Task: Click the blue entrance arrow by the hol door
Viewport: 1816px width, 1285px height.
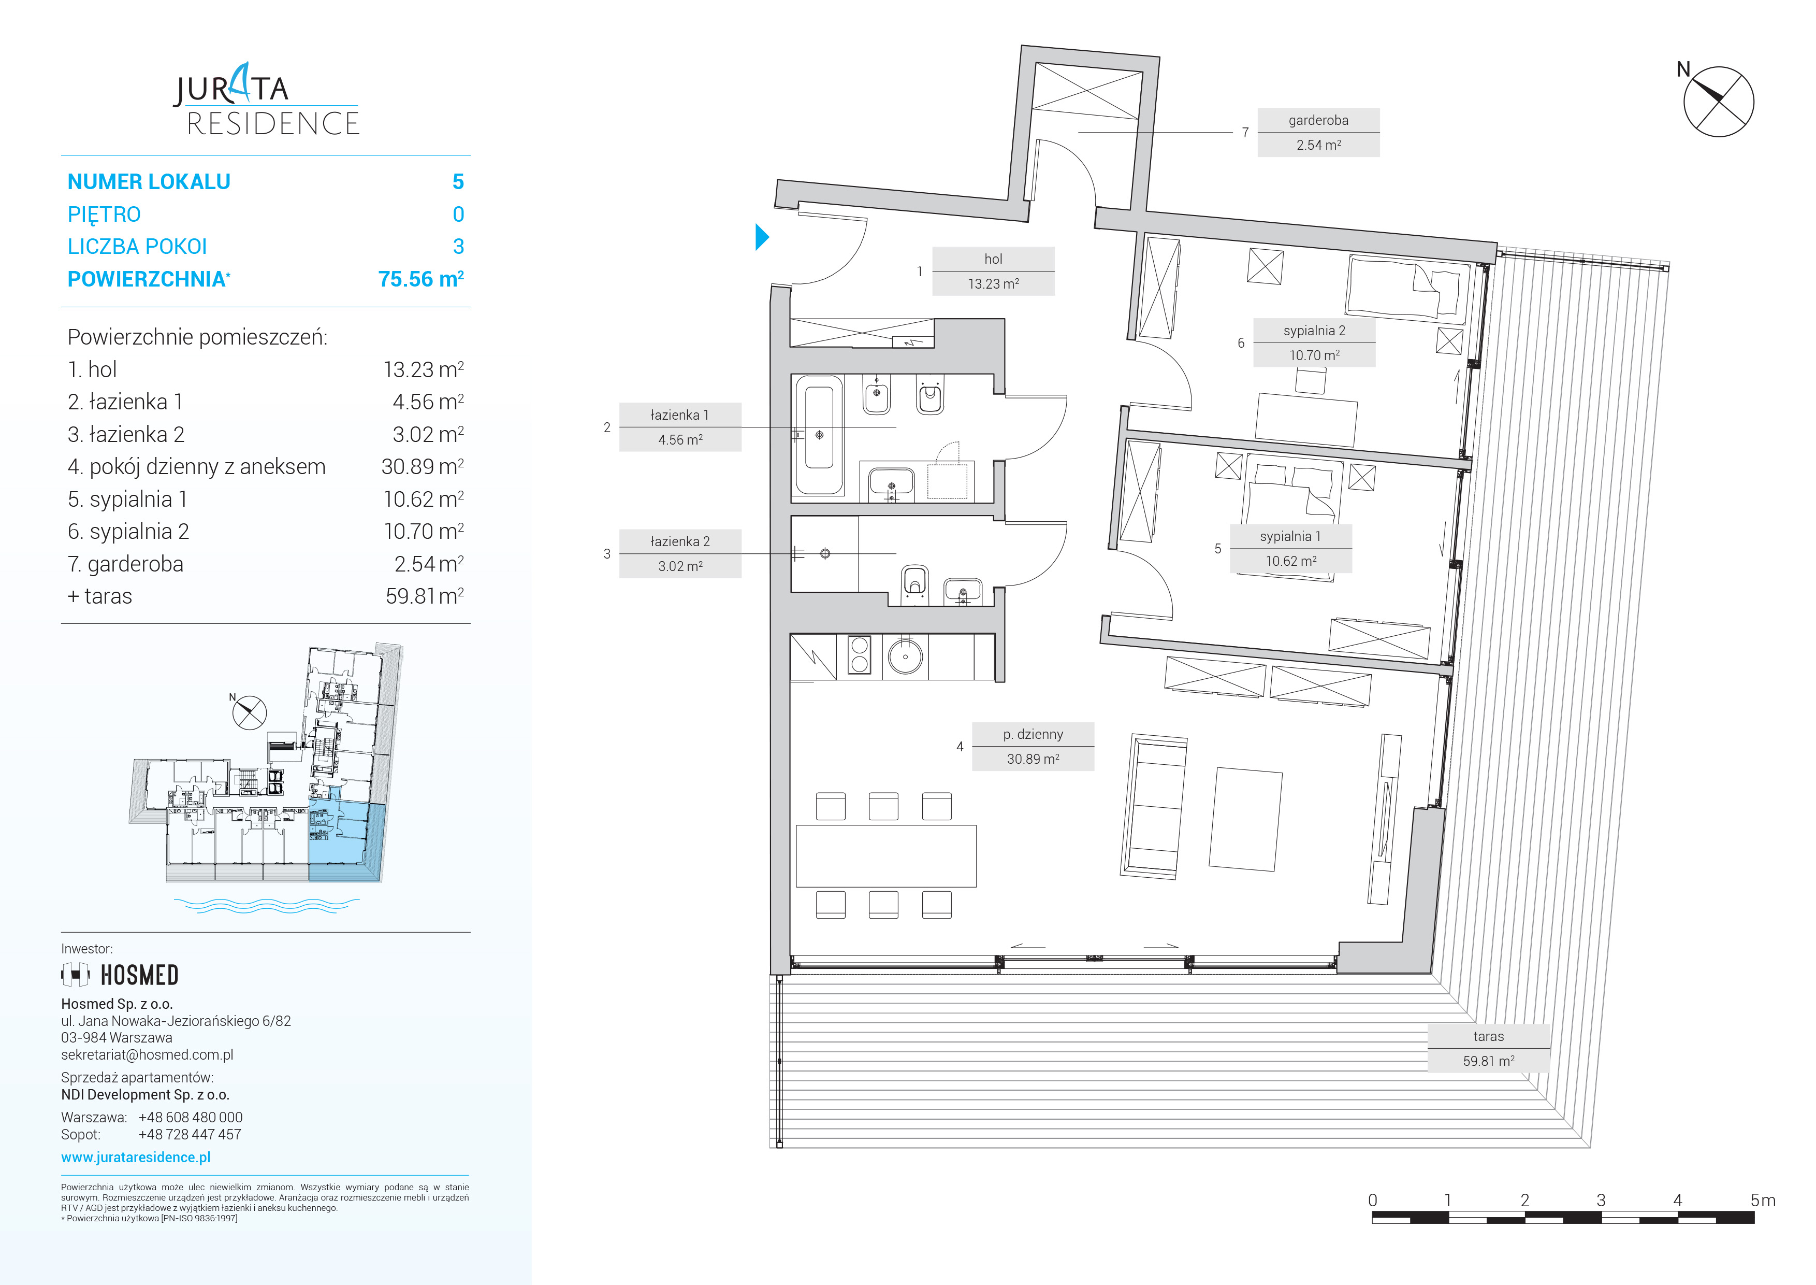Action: pyautogui.click(x=762, y=237)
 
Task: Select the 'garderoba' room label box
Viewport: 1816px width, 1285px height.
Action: pyautogui.click(x=1318, y=132)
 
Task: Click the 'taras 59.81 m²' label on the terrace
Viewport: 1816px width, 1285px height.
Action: pyautogui.click(x=1488, y=1048)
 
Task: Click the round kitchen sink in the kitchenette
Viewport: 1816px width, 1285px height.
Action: pyautogui.click(x=905, y=656)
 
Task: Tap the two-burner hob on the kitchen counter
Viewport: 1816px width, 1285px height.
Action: pyautogui.click(x=859, y=655)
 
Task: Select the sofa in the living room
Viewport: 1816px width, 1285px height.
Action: pyautogui.click(x=1154, y=806)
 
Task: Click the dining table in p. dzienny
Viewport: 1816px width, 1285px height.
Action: pyautogui.click(x=886, y=856)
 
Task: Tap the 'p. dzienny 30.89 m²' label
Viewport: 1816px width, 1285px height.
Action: pyautogui.click(x=1033, y=746)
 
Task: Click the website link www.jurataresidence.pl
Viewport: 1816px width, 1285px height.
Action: pyautogui.click(x=136, y=1157)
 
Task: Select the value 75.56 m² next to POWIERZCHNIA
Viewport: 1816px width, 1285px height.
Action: pyautogui.click(x=421, y=279)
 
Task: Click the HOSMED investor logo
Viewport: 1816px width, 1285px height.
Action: pyautogui.click(x=120, y=975)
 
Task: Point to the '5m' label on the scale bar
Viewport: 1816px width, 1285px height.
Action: pyautogui.click(x=1763, y=1201)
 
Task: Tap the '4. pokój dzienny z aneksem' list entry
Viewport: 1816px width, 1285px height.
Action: pyautogui.click(x=196, y=467)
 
